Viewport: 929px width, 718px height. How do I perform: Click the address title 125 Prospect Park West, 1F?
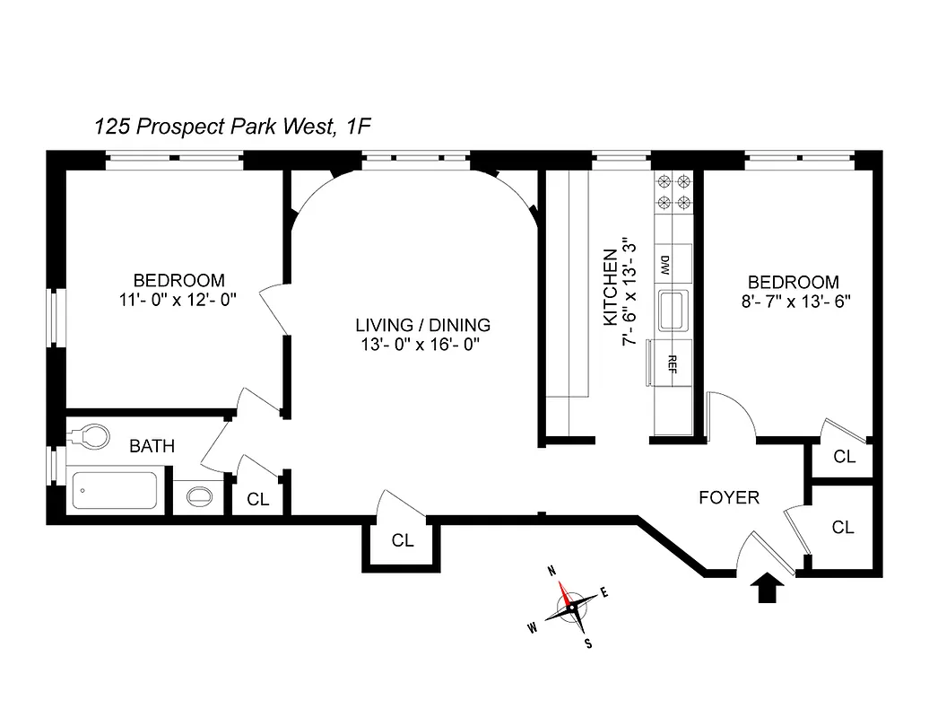point(232,127)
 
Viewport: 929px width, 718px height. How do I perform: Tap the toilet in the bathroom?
point(88,437)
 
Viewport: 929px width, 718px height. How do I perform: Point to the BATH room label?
point(152,445)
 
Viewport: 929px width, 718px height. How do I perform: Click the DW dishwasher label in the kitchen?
point(665,265)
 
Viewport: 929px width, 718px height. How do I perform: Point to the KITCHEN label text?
point(610,287)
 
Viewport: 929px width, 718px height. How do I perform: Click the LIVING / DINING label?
point(422,325)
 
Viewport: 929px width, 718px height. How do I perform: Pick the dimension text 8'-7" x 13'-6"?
point(794,302)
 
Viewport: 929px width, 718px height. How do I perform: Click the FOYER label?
point(728,497)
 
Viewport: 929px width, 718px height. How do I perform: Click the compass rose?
point(571,608)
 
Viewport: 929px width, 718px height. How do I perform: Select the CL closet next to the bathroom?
point(258,500)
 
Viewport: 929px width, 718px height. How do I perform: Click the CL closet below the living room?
point(403,540)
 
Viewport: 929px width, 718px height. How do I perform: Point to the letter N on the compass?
point(553,571)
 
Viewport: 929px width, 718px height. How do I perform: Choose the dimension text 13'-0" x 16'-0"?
point(422,346)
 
